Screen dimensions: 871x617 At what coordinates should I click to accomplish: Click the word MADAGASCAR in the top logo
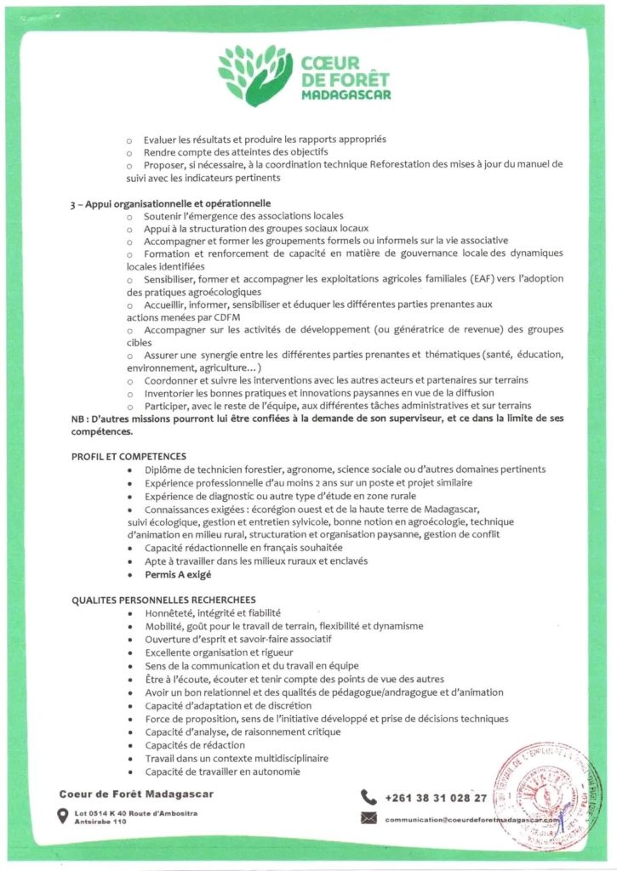[x=346, y=95]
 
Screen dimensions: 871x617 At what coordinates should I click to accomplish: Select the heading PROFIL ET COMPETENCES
[x=129, y=457]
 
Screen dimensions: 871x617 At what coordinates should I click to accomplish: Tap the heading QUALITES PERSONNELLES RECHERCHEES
[x=163, y=600]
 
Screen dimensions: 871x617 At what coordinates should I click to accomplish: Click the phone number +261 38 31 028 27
[x=436, y=798]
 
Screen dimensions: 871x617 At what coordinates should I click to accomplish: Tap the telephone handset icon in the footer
[x=368, y=797]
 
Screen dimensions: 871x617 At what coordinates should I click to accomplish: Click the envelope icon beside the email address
[x=368, y=818]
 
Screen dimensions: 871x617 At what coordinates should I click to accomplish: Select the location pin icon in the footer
[x=62, y=817]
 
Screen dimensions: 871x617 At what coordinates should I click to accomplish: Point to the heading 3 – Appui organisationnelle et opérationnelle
[x=171, y=203]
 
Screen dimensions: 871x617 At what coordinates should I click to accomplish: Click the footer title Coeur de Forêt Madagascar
[x=136, y=794]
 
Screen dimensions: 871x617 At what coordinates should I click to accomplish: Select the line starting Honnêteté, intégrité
[x=213, y=612]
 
